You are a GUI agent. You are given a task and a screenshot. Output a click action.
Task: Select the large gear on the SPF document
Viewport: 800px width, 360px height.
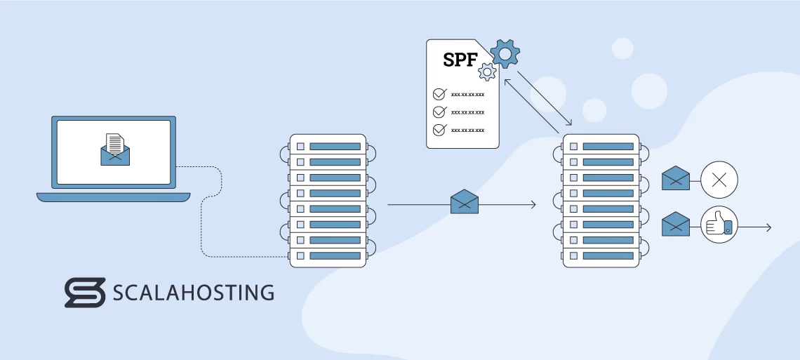[x=505, y=53]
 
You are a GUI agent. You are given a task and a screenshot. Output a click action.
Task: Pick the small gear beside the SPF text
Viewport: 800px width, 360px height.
[x=486, y=72]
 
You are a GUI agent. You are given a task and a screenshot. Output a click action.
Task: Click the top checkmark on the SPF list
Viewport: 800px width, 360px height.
[x=439, y=93]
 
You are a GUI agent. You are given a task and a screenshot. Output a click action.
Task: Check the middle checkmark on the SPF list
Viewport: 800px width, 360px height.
[x=439, y=112]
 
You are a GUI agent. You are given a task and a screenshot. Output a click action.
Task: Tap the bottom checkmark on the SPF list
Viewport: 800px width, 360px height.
[x=439, y=130]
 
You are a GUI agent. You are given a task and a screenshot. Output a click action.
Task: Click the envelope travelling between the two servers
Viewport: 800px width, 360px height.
[x=464, y=201]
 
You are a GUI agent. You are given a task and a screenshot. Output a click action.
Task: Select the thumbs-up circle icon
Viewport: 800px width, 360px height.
[x=719, y=225]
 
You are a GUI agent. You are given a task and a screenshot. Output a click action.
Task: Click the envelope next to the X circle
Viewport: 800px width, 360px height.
[x=676, y=179]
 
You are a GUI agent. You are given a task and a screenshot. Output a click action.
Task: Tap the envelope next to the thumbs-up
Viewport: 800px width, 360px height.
[x=676, y=225]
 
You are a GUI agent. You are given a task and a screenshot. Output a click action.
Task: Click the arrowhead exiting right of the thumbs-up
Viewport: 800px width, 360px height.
[x=768, y=227]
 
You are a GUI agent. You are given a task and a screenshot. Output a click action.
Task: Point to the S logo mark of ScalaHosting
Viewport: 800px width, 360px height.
[x=85, y=293]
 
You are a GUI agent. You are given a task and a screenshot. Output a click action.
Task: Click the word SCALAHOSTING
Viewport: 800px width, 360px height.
[x=193, y=293]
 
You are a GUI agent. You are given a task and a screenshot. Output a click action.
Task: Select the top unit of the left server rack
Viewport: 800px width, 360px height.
[x=328, y=146]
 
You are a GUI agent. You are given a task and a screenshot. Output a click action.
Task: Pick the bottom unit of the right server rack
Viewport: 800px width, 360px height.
[x=601, y=255]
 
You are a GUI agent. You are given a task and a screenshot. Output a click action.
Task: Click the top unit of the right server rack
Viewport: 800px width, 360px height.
[x=601, y=146]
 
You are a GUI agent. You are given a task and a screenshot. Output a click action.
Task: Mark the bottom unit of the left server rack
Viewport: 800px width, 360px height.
[x=328, y=255]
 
